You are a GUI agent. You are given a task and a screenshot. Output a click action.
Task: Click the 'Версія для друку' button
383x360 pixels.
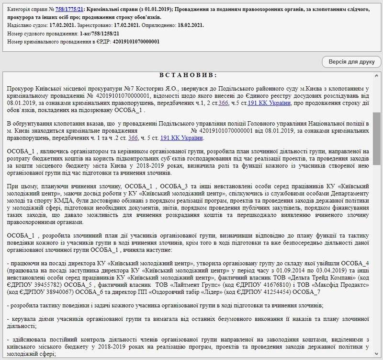click(351, 62)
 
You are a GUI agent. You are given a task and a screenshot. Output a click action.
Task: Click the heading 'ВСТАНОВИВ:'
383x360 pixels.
click(188, 75)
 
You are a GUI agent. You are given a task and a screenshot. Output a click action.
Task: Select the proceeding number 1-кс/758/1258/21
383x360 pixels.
click(100, 34)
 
